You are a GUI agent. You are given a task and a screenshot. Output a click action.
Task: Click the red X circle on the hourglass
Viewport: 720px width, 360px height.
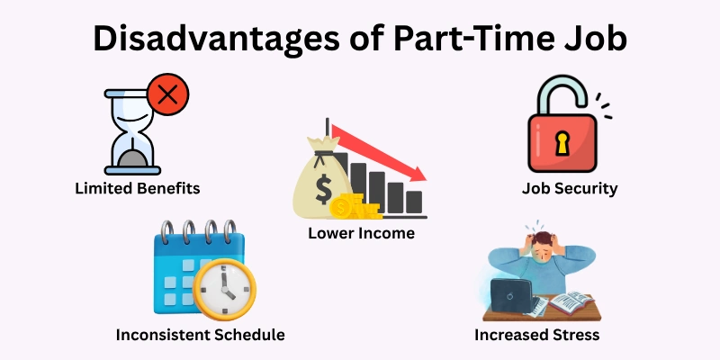pyautogui.click(x=166, y=96)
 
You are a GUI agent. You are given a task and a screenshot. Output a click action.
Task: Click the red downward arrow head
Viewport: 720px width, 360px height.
pyautogui.click(x=419, y=170)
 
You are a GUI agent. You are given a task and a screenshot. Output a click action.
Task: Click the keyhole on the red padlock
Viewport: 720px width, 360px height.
pyautogui.click(x=562, y=141)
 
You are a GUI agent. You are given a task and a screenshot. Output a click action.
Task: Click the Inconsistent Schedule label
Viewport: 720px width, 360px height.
pyautogui.click(x=200, y=335)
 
